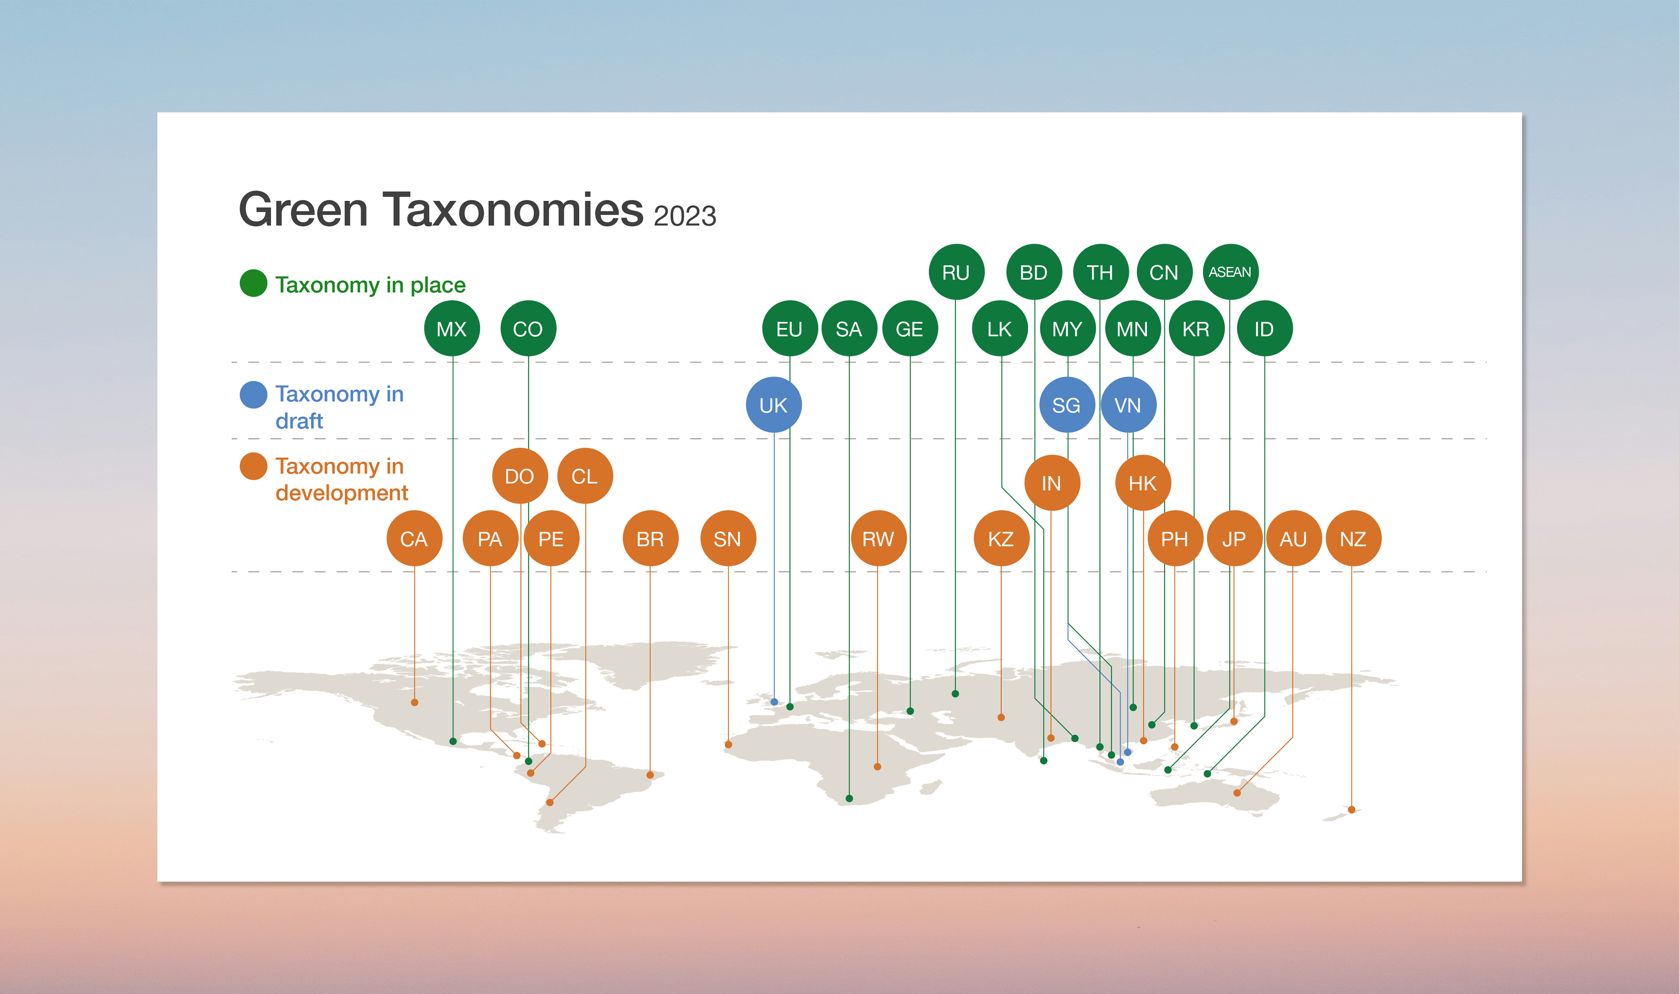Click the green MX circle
[x=452, y=329]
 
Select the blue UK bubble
[x=773, y=405]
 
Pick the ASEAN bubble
[x=1230, y=272]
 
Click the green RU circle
[x=956, y=272]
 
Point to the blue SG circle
[x=1066, y=405]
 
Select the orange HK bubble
[x=1143, y=483]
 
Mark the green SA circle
[x=849, y=329]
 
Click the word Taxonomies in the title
[x=512, y=209]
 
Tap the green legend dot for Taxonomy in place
[x=253, y=283]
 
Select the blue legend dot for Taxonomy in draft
[x=253, y=394]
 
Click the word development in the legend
[x=341, y=493]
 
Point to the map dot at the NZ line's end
[x=1352, y=810]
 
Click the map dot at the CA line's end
[x=415, y=703]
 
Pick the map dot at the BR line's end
[x=650, y=775]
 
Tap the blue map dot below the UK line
[x=774, y=702]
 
